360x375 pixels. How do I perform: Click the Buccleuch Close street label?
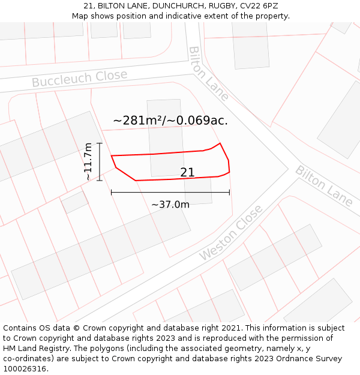[x=79, y=78]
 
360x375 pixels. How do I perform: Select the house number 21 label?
[x=187, y=172]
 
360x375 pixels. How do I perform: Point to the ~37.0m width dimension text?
[x=170, y=205]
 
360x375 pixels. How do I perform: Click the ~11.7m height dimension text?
[x=88, y=161]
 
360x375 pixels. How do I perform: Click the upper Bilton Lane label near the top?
[x=208, y=73]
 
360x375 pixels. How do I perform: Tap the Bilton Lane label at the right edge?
[x=324, y=186]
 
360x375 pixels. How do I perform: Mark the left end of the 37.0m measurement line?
[x=112, y=193]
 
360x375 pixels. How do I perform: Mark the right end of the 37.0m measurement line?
[x=230, y=193]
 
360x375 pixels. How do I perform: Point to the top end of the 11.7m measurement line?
[x=100, y=143]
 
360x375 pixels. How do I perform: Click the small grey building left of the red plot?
[x=75, y=202]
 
